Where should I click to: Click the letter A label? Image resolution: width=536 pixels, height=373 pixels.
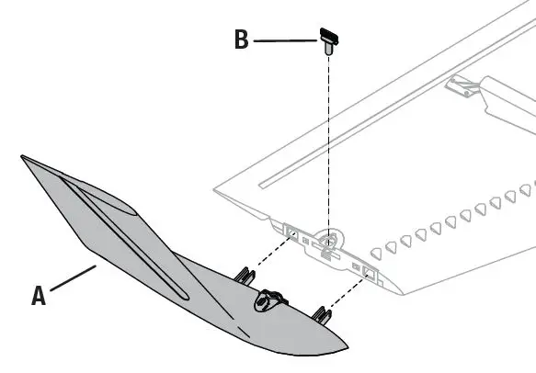click(x=39, y=295)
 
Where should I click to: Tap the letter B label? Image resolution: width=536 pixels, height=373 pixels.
click(x=241, y=41)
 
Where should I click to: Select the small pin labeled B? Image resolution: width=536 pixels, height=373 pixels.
click(x=328, y=40)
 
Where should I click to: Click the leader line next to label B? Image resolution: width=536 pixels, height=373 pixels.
click(x=285, y=41)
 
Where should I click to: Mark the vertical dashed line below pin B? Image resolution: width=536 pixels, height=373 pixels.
click(x=328, y=138)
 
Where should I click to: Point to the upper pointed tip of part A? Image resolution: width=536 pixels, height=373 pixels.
click(x=25, y=160)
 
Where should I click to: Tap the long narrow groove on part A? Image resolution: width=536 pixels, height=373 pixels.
click(x=138, y=243)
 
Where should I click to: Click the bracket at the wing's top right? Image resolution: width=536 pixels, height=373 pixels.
click(x=465, y=86)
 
